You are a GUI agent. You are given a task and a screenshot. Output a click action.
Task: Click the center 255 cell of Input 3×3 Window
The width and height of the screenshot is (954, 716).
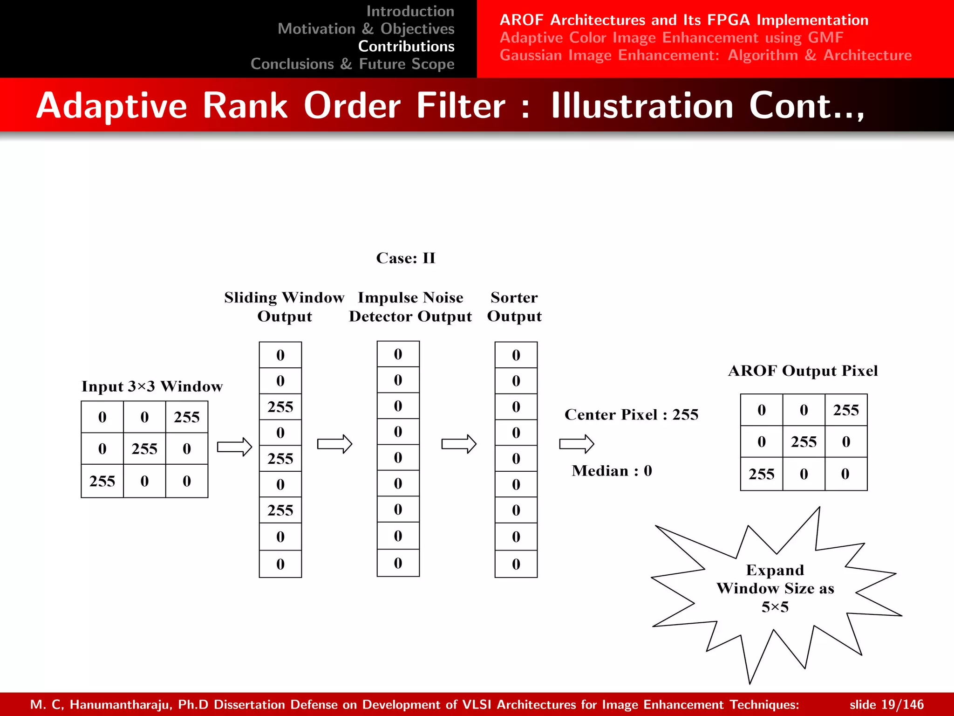click(x=144, y=448)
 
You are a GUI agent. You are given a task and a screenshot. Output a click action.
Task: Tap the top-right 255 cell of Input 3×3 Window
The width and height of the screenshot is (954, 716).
click(x=187, y=417)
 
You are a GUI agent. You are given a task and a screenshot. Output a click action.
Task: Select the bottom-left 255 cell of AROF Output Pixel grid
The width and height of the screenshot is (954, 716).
click(x=761, y=474)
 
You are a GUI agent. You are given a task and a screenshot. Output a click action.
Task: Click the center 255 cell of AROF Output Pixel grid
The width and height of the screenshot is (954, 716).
click(x=804, y=441)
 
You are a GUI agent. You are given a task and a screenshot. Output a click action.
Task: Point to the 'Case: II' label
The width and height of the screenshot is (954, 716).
click(x=406, y=258)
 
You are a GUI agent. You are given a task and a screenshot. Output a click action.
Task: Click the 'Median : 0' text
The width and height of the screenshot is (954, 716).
click(x=612, y=471)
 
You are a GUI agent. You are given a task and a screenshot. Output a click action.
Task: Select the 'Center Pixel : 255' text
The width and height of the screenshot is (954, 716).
click(x=631, y=414)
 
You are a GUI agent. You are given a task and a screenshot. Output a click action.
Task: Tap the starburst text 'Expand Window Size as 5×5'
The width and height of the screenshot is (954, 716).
click(x=775, y=588)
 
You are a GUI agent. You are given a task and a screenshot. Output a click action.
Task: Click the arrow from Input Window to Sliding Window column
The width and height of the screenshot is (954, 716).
click(x=234, y=447)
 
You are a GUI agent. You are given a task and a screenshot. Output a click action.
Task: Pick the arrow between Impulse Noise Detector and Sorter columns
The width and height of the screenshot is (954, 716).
click(x=459, y=444)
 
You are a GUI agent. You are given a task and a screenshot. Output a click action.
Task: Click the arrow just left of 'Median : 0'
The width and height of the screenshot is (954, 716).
click(x=576, y=444)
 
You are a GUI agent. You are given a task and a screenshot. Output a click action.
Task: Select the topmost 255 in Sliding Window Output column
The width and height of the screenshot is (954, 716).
click(x=280, y=407)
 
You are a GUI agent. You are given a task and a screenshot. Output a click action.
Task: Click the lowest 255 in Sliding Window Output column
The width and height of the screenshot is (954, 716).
click(x=280, y=510)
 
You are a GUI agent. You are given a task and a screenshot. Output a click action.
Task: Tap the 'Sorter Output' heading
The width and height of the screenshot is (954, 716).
click(x=514, y=307)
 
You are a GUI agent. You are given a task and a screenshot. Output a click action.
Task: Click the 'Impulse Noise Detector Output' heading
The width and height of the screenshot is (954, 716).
click(x=410, y=307)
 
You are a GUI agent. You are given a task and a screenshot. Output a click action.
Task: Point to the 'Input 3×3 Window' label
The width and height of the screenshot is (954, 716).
click(x=152, y=386)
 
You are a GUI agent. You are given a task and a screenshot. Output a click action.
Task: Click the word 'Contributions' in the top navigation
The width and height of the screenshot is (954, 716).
click(x=406, y=46)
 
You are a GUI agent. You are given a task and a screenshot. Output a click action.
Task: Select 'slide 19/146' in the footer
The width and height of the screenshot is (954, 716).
click(x=886, y=704)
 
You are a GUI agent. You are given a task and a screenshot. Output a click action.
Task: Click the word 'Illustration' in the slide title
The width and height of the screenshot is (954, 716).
click(x=642, y=106)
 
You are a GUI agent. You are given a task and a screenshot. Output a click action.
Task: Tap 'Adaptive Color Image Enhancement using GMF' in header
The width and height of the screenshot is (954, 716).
click(x=671, y=37)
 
